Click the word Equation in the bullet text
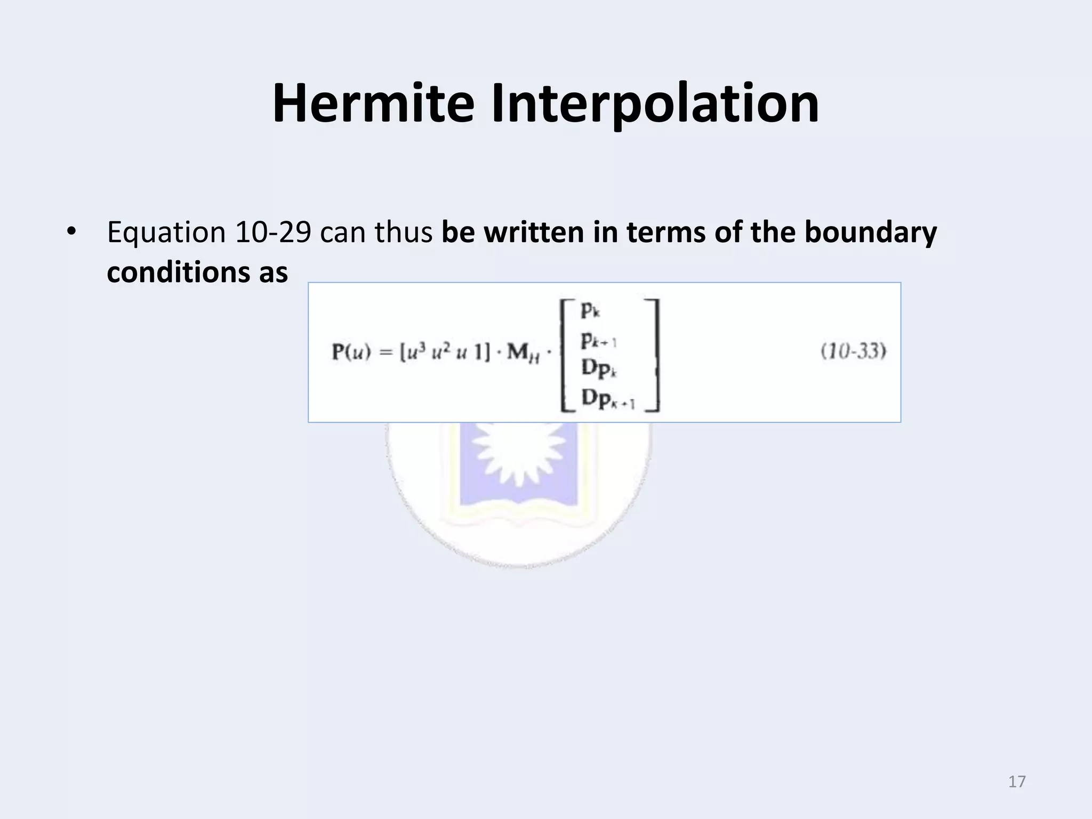(x=166, y=233)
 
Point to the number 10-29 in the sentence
(x=272, y=233)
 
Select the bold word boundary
(x=870, y=233)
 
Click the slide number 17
(x=1017, y=782)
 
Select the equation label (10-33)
(x=853, y=352)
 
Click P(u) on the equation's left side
(x=351, y=353)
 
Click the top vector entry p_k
(x=591, y=310)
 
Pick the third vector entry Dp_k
(x=598, y=369)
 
